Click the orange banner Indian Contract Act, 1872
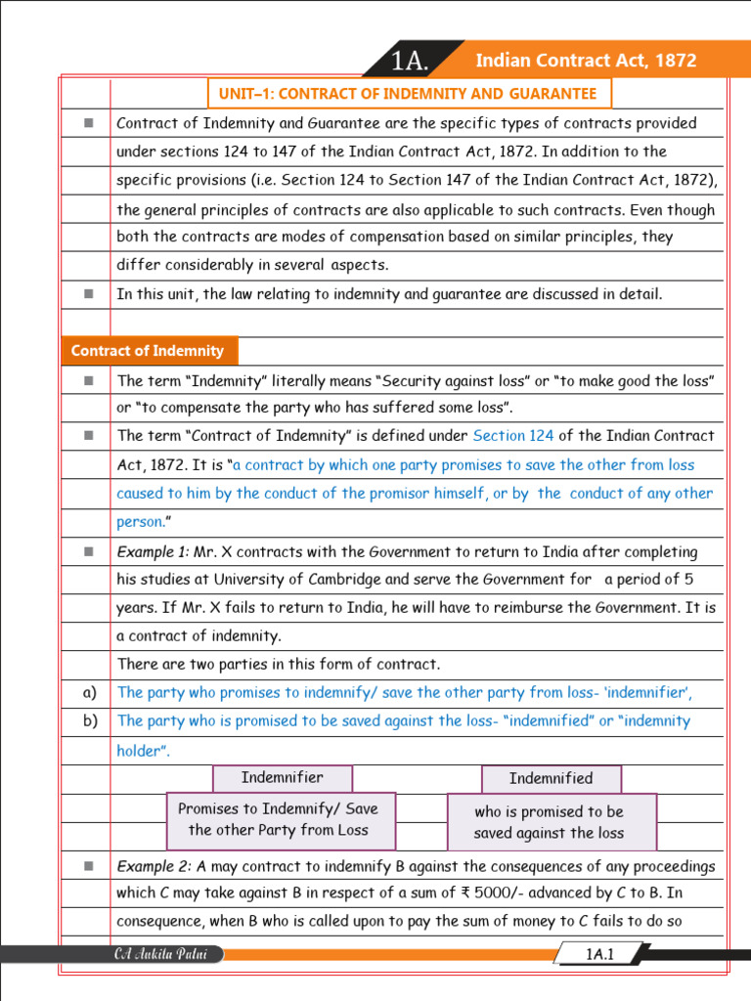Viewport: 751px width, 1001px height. point(585,61)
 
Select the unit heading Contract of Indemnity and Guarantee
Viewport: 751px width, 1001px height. point(408,94)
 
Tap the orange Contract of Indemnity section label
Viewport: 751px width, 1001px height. point(148,351)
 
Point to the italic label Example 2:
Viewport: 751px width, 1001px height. point(154,866)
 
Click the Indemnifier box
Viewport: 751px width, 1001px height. point(282,778)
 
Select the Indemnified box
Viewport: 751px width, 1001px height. point(551,778)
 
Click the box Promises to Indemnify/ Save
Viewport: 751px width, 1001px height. point(280,819)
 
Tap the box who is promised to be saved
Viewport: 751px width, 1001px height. point(550,822)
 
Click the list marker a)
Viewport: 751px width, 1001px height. point(90,692)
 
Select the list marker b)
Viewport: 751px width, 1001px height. point(90,720)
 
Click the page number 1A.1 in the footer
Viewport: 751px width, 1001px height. point(598,954)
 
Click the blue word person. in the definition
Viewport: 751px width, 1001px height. point(140,522)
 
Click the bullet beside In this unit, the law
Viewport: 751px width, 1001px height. point(89,293)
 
